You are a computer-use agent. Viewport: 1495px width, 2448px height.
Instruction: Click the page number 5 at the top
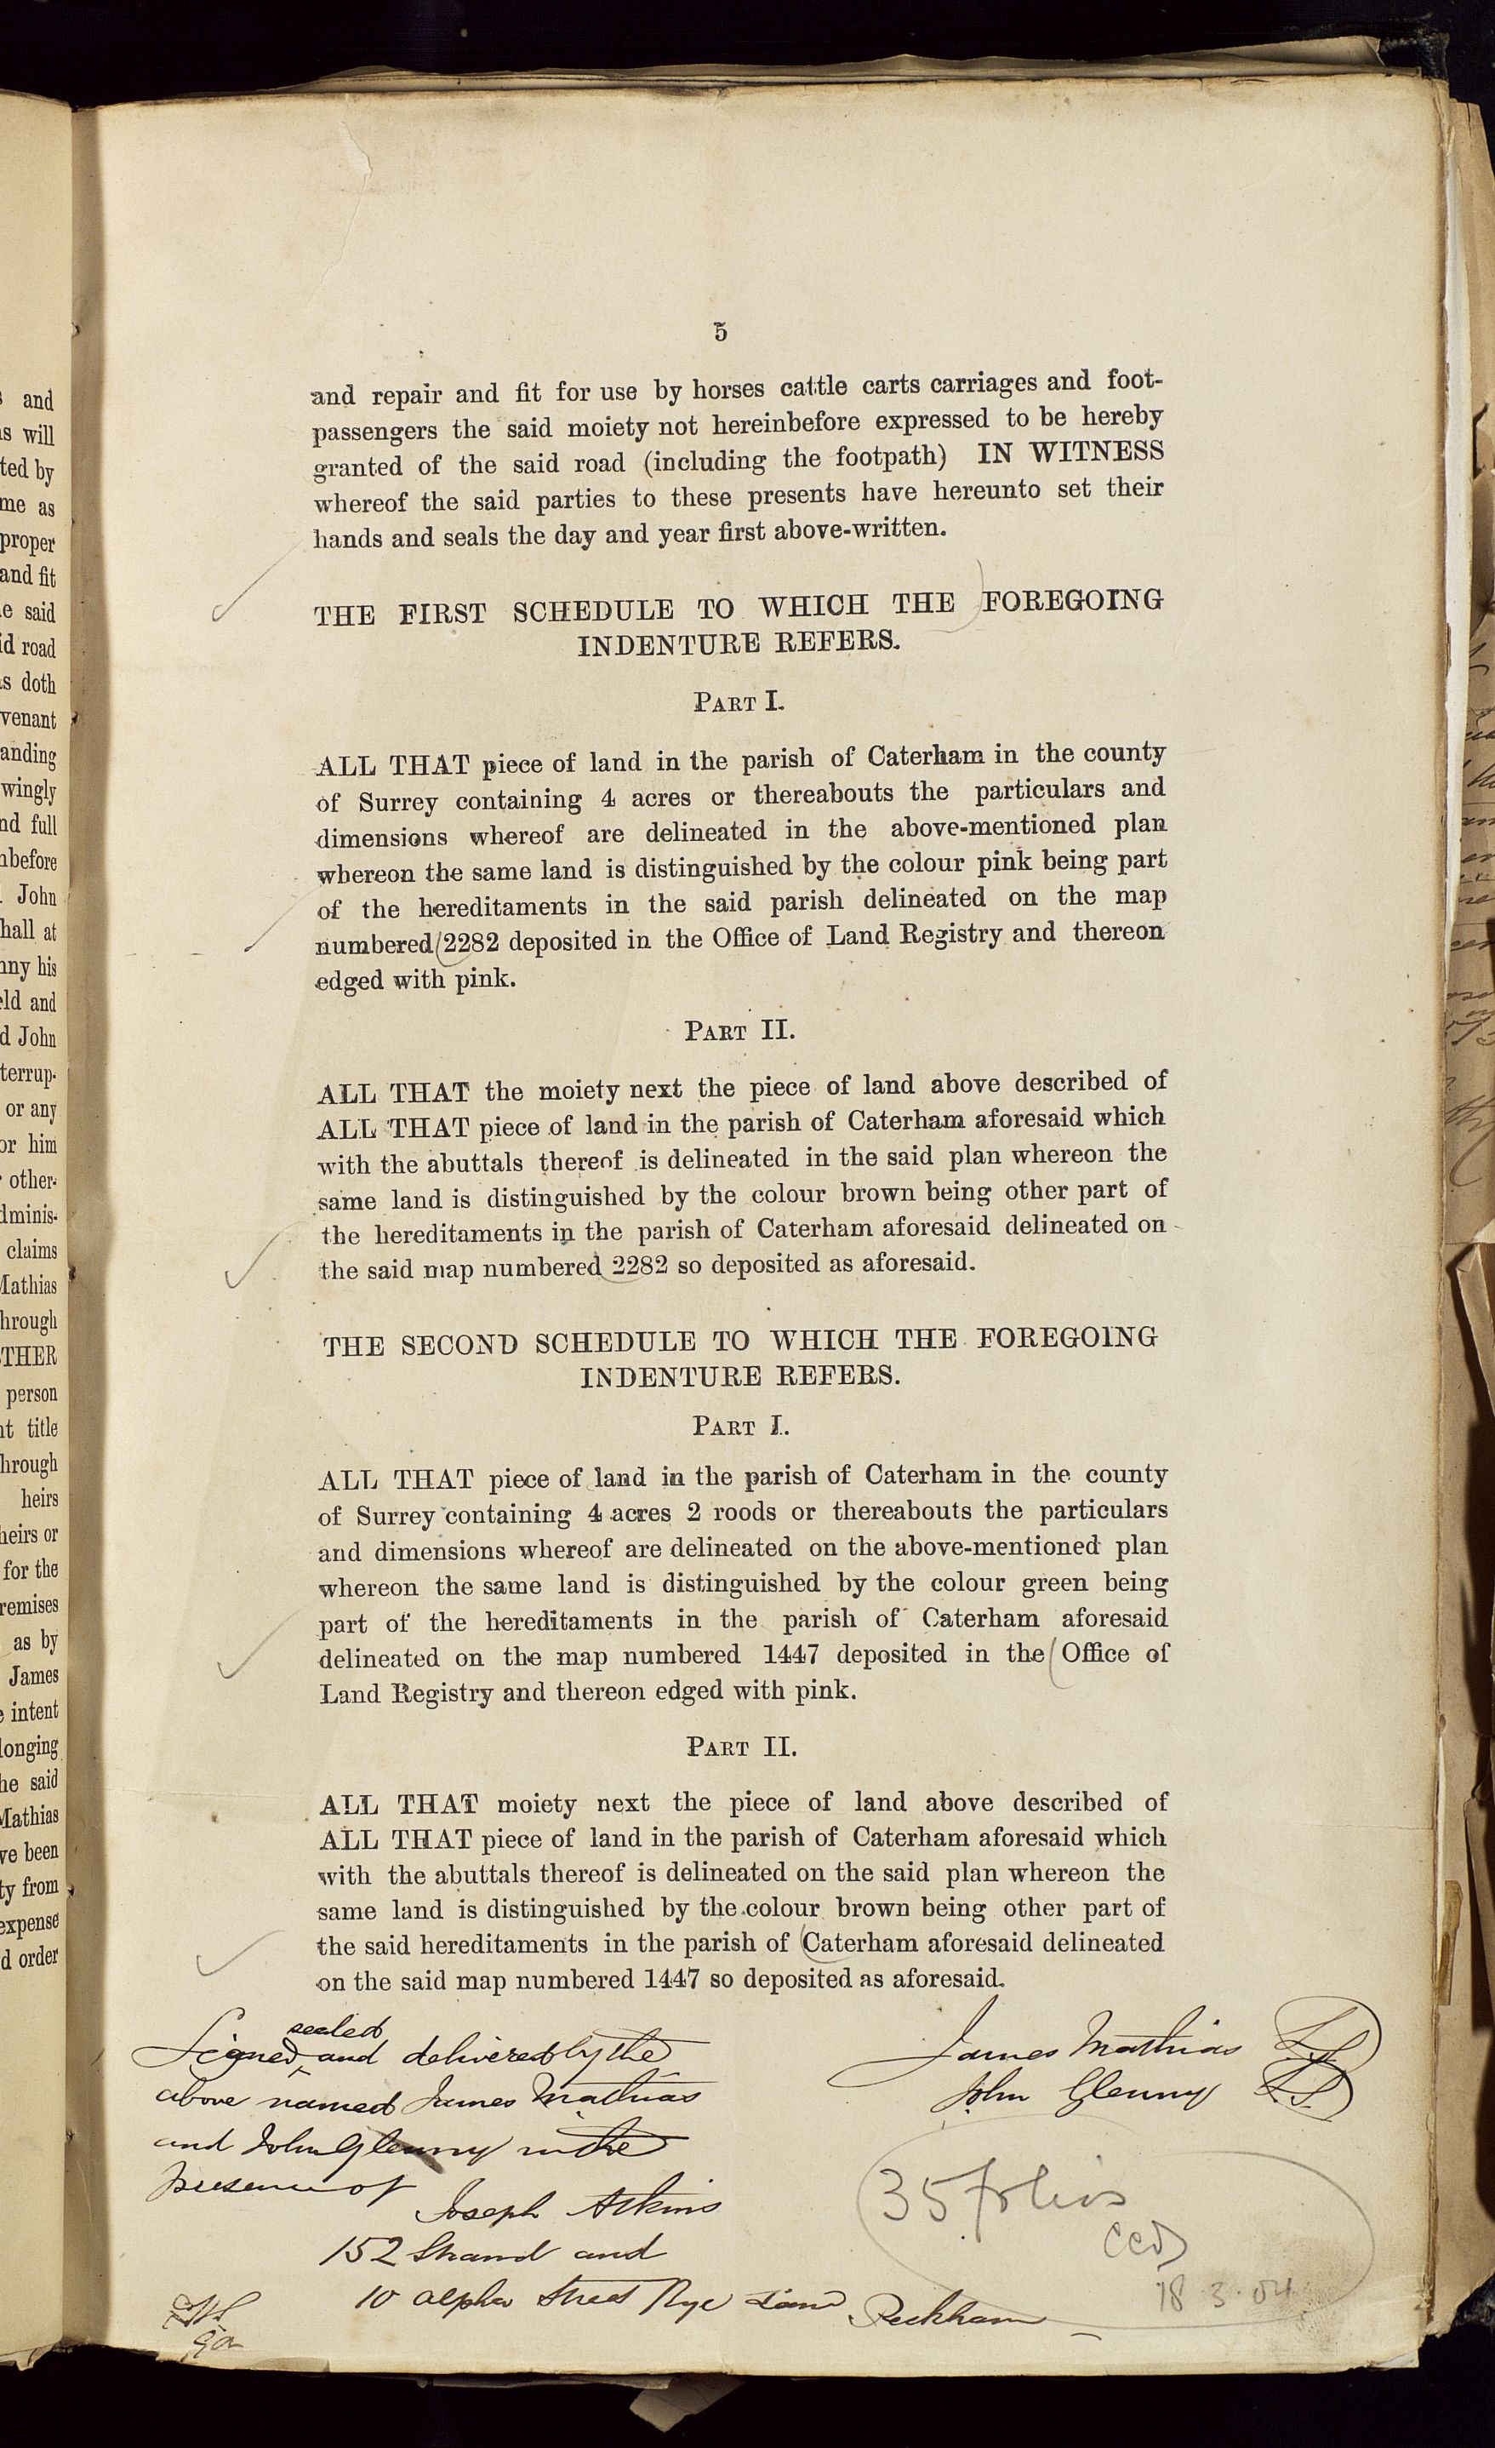(720, 332)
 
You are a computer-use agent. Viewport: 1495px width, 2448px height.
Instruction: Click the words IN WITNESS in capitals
(1070, 453)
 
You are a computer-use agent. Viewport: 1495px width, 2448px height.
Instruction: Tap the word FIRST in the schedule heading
(443, 613)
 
